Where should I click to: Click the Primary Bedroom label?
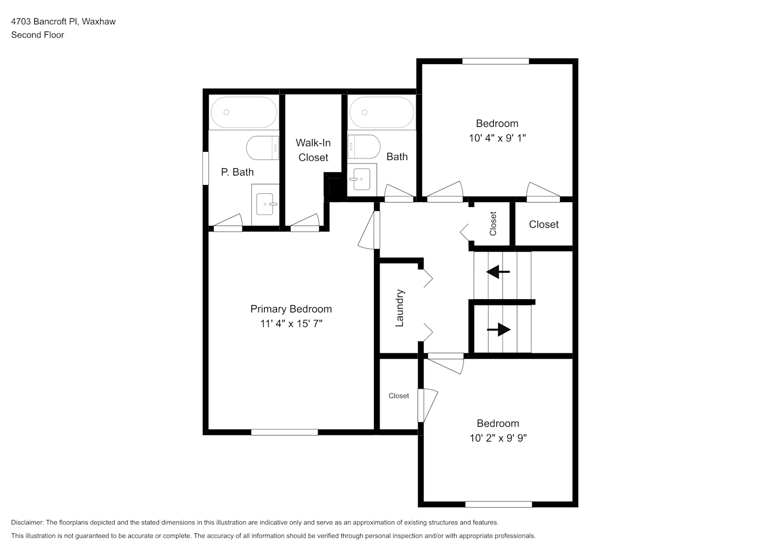[x=291, y=309]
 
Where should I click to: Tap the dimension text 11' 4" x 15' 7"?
[x=291, y=323]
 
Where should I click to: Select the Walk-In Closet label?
[x=313, y=150]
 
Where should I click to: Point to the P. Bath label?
[x=237, y=172]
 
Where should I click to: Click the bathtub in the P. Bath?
[x=244, y=112]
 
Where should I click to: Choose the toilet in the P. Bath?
[x=262, y=148]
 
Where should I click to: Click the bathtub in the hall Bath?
[x=382, y=112]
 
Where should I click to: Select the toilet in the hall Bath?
[x=363, y=147]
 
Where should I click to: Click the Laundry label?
[x=399, y=308]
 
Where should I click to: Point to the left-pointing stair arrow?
[x=498, y=272]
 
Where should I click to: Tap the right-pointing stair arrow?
[x=499, y=330]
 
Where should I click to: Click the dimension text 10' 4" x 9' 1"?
[x=497, y=139]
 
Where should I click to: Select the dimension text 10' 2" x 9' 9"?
[x=498, y=438]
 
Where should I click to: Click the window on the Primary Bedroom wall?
[x=284, y=432]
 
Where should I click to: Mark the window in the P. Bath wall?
[x=205, y=168]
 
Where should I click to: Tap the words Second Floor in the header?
[x=38, y=35]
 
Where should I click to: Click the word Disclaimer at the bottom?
[x=28, y=522]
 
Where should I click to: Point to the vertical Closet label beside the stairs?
[x=493, y=224]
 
